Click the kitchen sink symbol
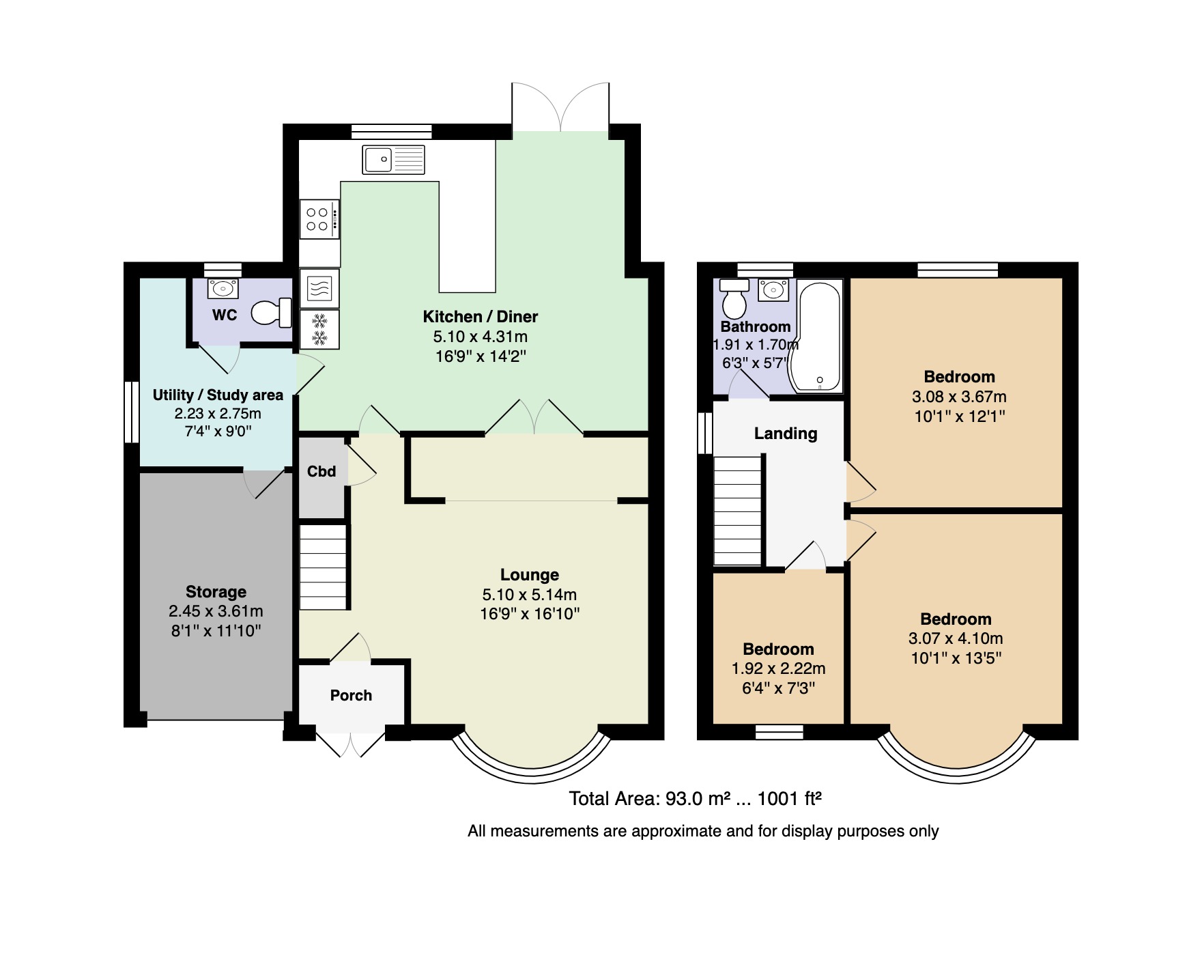click(x=392, y=160)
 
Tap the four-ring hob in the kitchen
click(x=319, y=219)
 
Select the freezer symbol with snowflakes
click(x=319, y=329)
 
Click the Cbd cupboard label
click(x=321, y=472)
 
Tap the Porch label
click(x=351, y=696)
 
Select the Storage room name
click(x=216, y=592)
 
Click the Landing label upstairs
click(x=785, y=434)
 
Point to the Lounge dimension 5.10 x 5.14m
click(x=529, y=595)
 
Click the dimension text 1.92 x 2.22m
click(x=778, y=669)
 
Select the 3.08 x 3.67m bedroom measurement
click(x=959, y=397)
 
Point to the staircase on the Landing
click(x=737, y=511)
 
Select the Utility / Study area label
click(x=217, y=395)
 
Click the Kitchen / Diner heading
click(x=480, y=317)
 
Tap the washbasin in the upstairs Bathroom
click(x=773, y=290)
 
